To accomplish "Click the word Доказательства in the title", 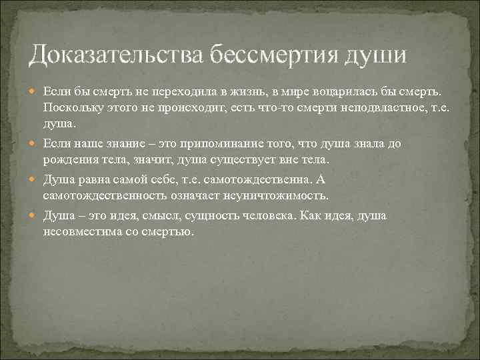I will point(117,54).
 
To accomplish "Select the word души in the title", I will point(374,54).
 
